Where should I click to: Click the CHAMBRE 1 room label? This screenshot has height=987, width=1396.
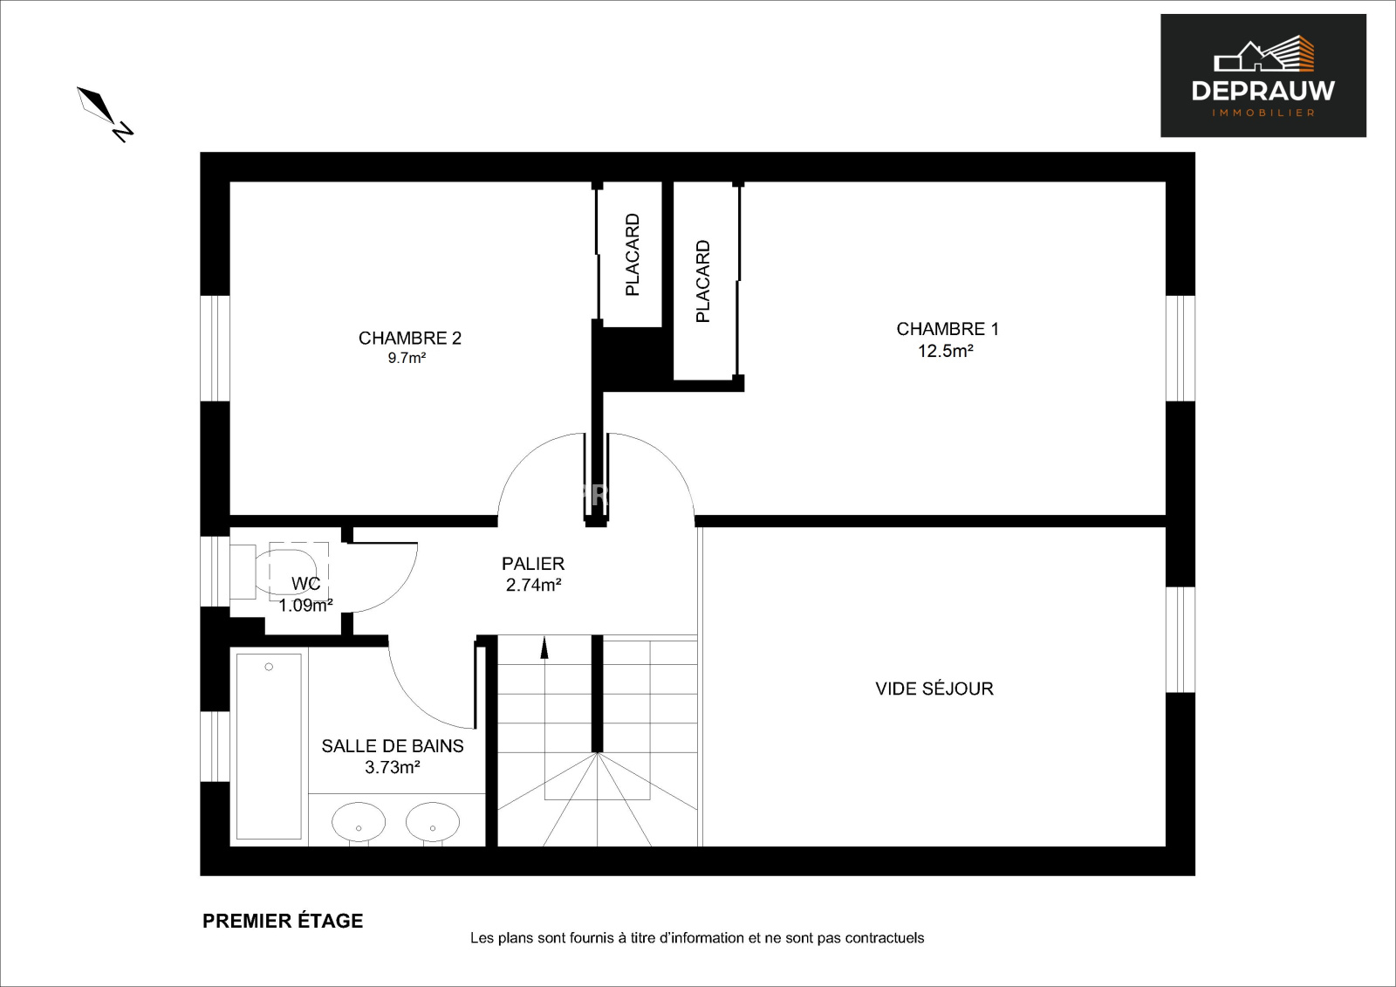click(x=948, y=329)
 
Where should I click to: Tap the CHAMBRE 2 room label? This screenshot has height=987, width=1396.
click(x=409, y=338)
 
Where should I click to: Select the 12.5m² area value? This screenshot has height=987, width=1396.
click(x=946, y=351)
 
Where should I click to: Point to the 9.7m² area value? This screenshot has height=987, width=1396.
click(x=407, y=358)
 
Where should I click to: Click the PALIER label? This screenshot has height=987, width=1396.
click(x=533, y=564)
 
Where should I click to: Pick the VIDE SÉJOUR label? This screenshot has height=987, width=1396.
click(x=934, y=689)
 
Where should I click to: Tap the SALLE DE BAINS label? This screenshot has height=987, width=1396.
click(x=393, y=746)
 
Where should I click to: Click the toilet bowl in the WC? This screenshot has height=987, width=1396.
click(x=287, y=572)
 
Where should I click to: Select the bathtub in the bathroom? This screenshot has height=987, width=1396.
click(x=270, y=746)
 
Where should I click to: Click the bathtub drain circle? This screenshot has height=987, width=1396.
click(x=269, y=667)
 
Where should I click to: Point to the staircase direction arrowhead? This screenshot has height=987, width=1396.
click(x=544, y=648)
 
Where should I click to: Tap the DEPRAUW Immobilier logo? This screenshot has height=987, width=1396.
click(x=1263, y=75)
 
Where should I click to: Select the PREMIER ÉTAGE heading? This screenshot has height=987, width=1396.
click(x=283, y=921)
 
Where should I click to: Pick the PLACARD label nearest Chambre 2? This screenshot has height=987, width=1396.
click(x=632, y=255)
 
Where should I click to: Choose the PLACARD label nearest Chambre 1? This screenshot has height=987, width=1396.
click(x=702, y=281)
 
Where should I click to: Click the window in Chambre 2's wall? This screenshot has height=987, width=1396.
click(x=215, y=348)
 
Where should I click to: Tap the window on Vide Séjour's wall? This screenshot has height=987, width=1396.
click(x=1180, y=640)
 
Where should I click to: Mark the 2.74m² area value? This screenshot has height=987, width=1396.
click(x=533, y=585)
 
